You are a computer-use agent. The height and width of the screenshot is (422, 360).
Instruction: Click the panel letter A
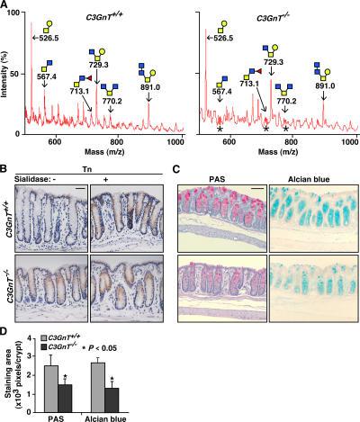click(x=6, y=7)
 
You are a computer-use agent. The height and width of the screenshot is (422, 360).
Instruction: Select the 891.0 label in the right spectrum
click(x=332, y=86)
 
